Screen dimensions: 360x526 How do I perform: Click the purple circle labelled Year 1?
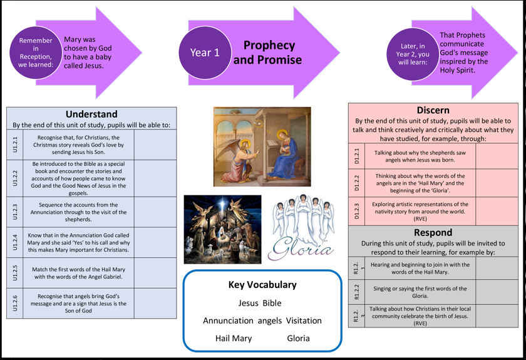(205, 53)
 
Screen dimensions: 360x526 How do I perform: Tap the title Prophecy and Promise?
(267, 53)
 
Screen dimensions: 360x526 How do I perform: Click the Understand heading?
(91, 114)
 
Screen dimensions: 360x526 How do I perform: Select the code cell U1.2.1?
(15, 145)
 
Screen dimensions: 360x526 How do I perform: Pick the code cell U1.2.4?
(15, 242)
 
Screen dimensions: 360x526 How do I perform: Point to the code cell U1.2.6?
(15, 303)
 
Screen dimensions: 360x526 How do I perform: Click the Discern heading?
(433, 110)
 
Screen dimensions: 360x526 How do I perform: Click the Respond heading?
(433, 232)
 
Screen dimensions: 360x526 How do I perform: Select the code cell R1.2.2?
(357, 292)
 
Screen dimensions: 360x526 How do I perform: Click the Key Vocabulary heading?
(262, 285)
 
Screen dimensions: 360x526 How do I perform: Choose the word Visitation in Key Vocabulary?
(304, 321)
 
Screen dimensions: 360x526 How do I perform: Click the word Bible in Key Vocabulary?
(272, 303)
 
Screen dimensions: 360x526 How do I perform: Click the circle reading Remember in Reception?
(36, 53)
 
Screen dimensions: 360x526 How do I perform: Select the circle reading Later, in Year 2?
(413, 54)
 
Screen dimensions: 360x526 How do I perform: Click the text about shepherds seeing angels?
(420, 157)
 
